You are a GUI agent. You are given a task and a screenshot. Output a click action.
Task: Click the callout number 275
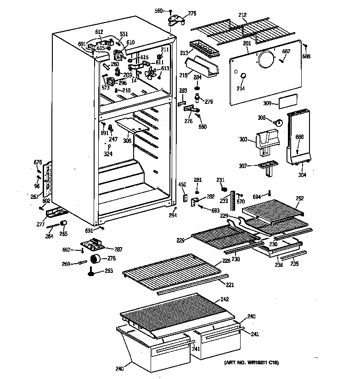tap(192, 13)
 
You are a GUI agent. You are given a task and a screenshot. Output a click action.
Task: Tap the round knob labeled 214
tap(242, 75)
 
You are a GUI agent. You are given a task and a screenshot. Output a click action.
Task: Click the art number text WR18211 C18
tap(251, 363)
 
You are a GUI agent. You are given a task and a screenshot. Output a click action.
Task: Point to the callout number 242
tap(225, 299)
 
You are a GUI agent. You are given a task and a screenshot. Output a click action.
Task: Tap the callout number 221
tap(230, 284)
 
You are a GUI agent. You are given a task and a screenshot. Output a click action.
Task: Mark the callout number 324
tap(108, 154)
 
